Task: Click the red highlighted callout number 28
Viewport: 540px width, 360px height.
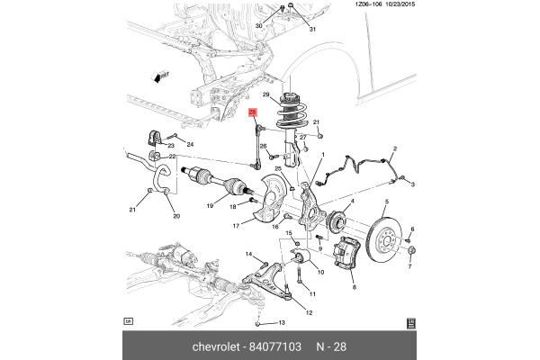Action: (253, 113)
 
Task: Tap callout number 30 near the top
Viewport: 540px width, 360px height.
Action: (259, 26)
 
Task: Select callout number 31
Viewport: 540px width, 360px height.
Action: (313, 31)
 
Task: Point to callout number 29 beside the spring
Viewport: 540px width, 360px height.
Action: (265, 94)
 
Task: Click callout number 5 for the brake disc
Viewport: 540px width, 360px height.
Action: (386, 202)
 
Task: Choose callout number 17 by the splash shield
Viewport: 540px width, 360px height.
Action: (237, 226)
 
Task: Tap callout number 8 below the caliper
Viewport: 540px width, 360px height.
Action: (354, 287)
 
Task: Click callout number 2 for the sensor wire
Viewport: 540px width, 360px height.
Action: (394, 148)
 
